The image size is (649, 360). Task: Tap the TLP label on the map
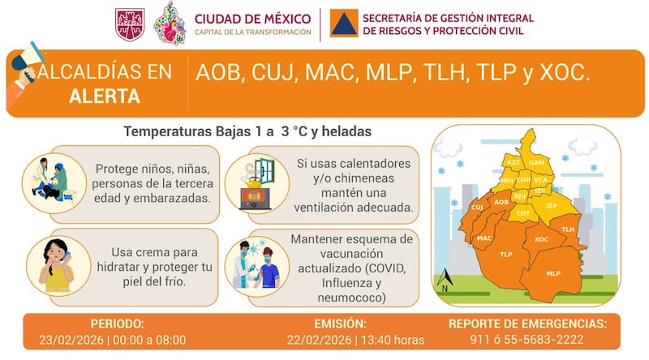(x=506, y=254)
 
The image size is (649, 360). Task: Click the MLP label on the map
(x=553, y=273)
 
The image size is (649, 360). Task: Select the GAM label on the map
(x=536, y=162)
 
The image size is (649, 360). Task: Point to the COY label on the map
(x=523, y=213)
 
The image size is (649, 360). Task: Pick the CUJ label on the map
(x=477, y=208)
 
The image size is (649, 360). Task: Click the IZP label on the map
(x=552, y=206)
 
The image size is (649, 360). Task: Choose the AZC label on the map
(x=514, y=162)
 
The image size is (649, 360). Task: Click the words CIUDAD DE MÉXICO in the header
(x=252, y=17)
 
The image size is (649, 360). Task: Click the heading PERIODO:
(x=117, y=324)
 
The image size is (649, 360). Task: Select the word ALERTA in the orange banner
(x=105, y=96)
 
